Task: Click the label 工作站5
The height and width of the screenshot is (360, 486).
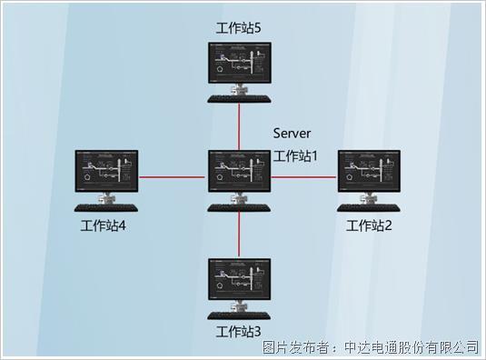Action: [239, 28]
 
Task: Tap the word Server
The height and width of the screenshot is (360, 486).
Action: [292, 135]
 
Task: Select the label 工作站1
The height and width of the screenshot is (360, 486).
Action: [296, 155]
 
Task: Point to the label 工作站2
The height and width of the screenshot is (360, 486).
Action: [369, 225]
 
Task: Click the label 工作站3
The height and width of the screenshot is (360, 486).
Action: [239, 331]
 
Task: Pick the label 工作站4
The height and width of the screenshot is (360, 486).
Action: [103, 226]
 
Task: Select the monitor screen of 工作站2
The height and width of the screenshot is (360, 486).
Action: [369, 170]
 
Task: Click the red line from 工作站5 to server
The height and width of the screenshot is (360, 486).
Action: [239, 125]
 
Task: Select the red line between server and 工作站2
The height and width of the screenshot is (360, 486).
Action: [304, 177]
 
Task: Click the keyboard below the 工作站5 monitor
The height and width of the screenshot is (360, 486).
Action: [239, 100]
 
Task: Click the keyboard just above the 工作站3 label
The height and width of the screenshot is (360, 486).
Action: [239, 315]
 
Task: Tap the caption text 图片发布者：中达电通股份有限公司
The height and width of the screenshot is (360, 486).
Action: [370, 346]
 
